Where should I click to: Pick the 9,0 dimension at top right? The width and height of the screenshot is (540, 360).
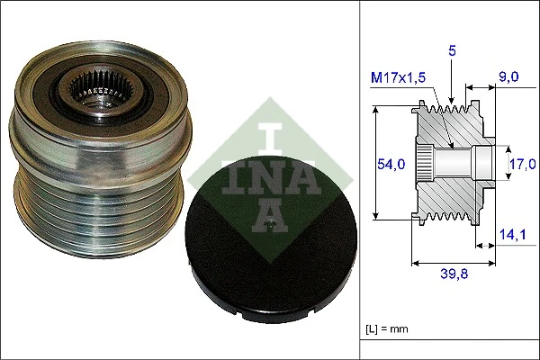click(509, 78)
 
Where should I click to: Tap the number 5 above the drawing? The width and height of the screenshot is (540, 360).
click(453, 52)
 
